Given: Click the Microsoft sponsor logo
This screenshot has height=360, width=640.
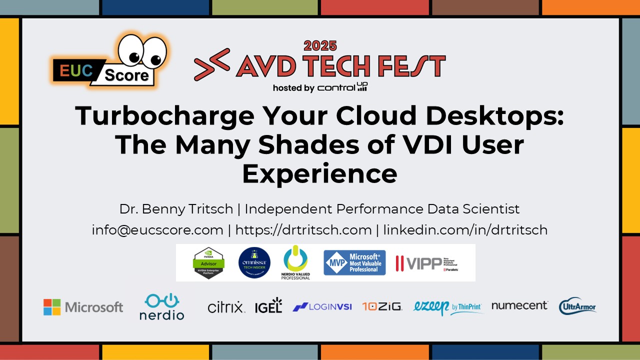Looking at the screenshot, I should pos(83,307).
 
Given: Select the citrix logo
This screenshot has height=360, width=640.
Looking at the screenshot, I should pos(226,306).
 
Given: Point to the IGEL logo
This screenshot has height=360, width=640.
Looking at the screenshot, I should pos(268,305).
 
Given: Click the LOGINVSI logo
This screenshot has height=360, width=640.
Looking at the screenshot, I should pos(322,306).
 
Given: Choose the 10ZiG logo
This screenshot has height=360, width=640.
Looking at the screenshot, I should pos(382,306).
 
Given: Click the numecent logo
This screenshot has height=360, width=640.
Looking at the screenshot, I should pos(519,305).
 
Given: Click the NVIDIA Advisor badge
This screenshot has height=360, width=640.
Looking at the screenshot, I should pos(208,262).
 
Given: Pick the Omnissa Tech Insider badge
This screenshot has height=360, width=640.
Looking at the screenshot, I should pos(254,263).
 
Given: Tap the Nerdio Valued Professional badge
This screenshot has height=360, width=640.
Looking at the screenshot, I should pos(296,262).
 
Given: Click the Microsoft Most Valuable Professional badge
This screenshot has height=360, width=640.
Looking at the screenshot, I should pos(354,262).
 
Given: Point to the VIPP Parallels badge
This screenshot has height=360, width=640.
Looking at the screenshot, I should pos(426,263).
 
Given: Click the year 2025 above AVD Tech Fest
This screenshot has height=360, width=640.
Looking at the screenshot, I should pos(320,46).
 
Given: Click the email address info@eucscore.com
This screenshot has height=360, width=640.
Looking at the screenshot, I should pos(157,230).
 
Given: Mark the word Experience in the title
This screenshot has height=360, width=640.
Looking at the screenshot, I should pos(320,174).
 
